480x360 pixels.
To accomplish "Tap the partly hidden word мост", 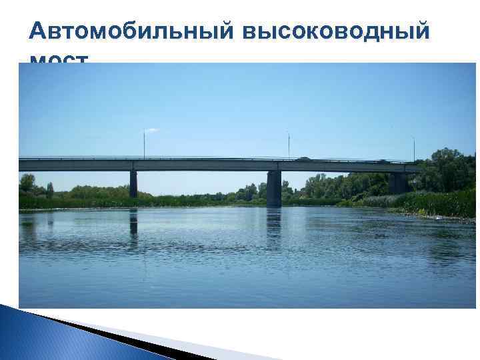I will pyautogui.click(x=59, y=60).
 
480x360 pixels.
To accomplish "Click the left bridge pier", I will pyautogui.click(x=133, y=183).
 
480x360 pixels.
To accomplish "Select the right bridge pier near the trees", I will pyautogui.click(x=397, y=183).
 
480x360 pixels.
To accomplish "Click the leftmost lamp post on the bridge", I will pyautogui.click(x=144, y=143).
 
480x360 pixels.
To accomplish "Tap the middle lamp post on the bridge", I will pyautogui.click(x=289, y=145).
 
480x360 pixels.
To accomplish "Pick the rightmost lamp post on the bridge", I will pyautogui.click(x=413, y=148).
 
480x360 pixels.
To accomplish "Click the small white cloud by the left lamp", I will pyautogui.click(x=152, y=130).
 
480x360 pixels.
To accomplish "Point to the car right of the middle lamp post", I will pyautogui.click(x=303, y=159).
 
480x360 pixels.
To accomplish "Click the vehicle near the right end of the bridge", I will pyautogui.click(x=383, y=161).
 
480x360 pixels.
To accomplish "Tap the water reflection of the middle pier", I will pyautogui.click(x=273, y=227).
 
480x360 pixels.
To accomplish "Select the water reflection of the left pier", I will pyautogui.click(x=133, y=223).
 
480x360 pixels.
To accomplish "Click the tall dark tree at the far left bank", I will pyautogui.click(x=27, y=183).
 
